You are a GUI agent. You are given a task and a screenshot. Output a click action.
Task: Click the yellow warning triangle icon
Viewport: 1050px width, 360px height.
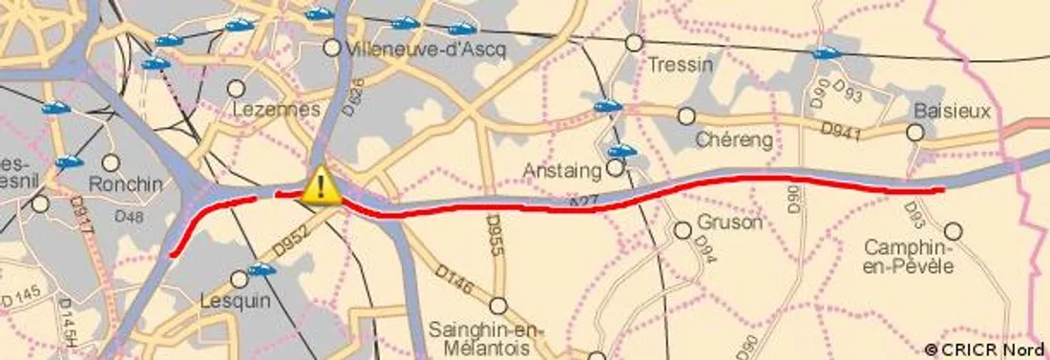[x=322, y=185]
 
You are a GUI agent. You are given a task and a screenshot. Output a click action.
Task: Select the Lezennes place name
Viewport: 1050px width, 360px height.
[x=276, y=110]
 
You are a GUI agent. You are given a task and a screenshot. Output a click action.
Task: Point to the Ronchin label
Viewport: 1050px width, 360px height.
[x=125, y=183]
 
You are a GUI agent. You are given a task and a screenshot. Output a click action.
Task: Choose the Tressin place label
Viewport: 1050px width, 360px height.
[x=680, y=65]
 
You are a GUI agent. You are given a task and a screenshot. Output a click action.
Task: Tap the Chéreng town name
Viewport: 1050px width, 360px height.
[x=733, y=139]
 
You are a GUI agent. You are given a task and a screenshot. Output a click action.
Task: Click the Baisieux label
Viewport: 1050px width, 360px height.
[x=952, y=112]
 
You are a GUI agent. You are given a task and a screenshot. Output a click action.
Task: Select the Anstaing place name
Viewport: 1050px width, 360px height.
[x=561, y=171]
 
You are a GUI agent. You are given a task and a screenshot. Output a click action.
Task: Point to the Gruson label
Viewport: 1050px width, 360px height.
[x=730, y=222]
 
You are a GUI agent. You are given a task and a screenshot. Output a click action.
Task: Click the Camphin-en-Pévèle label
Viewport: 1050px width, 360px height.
[x=909, y=256]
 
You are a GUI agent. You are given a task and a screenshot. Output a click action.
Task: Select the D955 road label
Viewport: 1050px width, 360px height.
[x=493, y=234]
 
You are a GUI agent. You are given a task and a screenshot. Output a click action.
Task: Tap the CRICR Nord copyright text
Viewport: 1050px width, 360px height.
[x=985, y=349]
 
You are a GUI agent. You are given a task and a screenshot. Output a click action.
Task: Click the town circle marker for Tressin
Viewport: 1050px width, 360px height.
[x=634, y=43]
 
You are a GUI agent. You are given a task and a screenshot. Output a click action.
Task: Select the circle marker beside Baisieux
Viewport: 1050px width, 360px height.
[x=915, y=133]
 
